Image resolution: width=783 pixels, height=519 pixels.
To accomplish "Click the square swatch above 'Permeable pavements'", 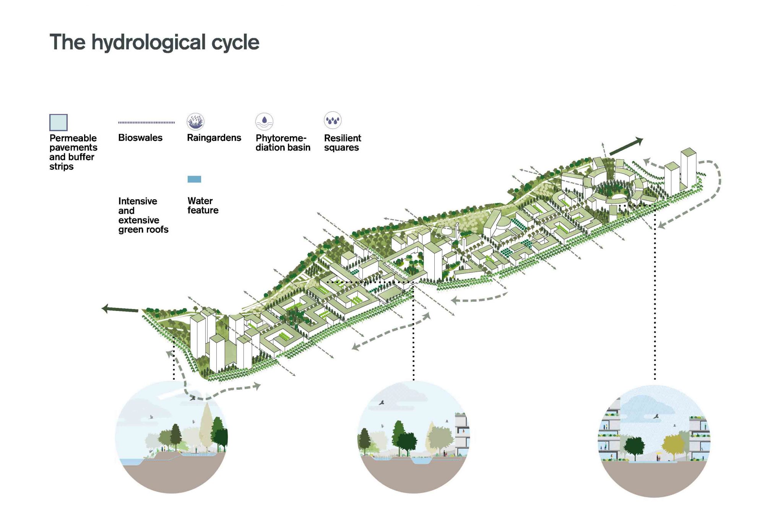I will [x=58, y=122].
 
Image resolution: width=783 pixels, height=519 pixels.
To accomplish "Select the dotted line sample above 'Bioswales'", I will [x=146, y=122].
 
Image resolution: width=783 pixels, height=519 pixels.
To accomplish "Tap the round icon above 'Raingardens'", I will [x=195, y=122].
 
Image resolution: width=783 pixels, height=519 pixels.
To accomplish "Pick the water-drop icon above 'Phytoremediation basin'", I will [x=264, y=122].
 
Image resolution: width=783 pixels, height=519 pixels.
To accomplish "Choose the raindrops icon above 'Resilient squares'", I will [x=333, y=120].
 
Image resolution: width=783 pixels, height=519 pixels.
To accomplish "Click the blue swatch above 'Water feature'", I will [x=194, y=179].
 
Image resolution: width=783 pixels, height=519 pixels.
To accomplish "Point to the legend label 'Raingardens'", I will [x=214, y=138].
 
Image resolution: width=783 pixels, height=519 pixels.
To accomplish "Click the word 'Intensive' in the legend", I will [x=138, y=201].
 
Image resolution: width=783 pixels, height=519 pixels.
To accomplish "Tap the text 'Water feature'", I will [x=203, y=205].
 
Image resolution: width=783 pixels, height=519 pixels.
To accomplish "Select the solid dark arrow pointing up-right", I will [x=626, y=146].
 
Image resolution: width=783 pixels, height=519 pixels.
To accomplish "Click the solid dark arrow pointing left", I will [x=120, y=309].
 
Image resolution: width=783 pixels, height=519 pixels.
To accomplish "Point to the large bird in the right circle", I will [x=656, y=416].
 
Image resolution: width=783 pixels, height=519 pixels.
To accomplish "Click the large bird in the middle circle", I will [x=381, y=403].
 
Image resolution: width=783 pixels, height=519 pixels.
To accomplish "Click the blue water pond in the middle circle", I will [x=421, y=461].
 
